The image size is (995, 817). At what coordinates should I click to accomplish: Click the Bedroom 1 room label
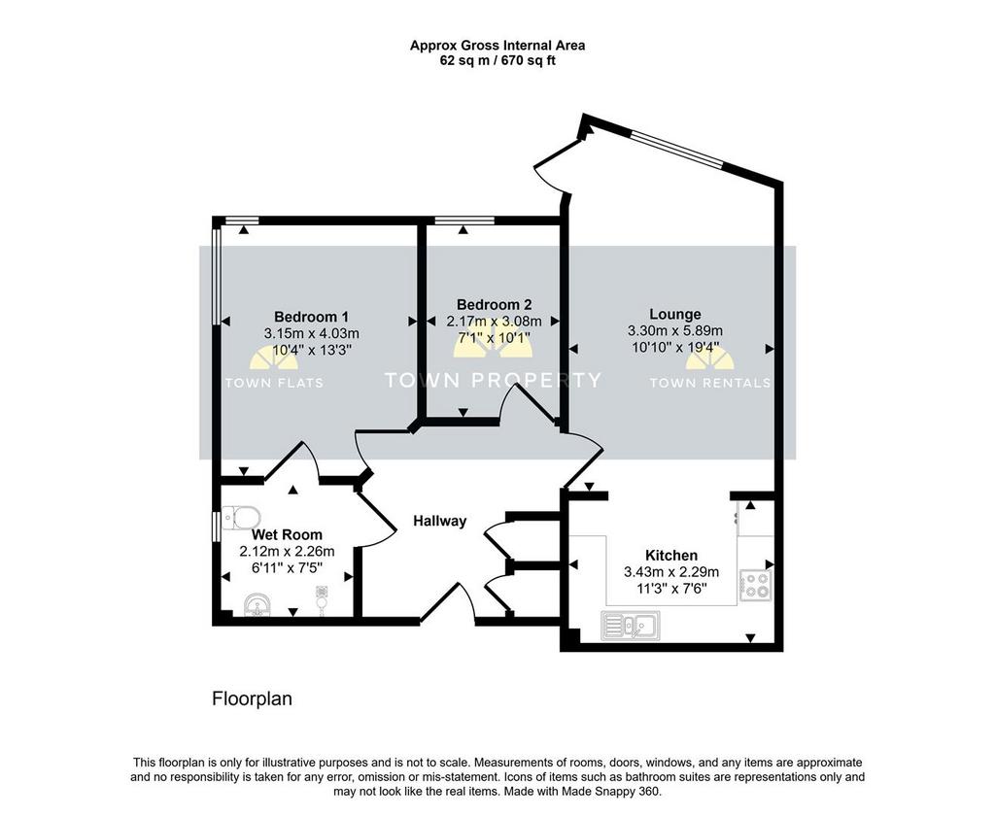click(311, 316)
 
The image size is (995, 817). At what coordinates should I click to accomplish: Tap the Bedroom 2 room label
click(494, 304)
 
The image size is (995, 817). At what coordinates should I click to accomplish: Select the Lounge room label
click(675, 314)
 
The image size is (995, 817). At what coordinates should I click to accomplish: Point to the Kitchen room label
click(671, 555)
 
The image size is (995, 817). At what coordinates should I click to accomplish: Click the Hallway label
click(440, 521)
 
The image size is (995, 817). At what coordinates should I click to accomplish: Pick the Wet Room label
click(287, 534)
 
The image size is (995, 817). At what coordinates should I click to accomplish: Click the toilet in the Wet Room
click(241, 517)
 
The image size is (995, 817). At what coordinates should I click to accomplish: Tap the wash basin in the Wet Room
click(258, 604)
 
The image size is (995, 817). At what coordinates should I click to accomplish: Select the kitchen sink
click(630, 625)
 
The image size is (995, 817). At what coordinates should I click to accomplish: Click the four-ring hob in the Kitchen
click(756, 585)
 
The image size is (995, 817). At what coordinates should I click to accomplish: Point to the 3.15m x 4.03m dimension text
click(312, 333)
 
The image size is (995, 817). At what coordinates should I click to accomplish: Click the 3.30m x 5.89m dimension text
click(675, 330)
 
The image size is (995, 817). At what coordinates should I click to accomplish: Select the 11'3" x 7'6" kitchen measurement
click(672, 588)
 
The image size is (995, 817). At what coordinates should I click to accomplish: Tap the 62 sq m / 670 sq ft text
click(497, 61)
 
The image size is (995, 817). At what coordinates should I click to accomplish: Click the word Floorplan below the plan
click(252, 698)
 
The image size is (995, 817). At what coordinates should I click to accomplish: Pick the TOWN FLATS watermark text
click(274, 383)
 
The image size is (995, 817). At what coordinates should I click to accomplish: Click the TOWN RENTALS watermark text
click(710, 383)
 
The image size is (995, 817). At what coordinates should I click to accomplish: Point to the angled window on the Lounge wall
click(676, 149)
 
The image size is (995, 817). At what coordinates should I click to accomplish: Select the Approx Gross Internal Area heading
click(497, 46)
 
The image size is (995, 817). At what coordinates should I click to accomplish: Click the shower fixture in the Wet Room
click(322, 600)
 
